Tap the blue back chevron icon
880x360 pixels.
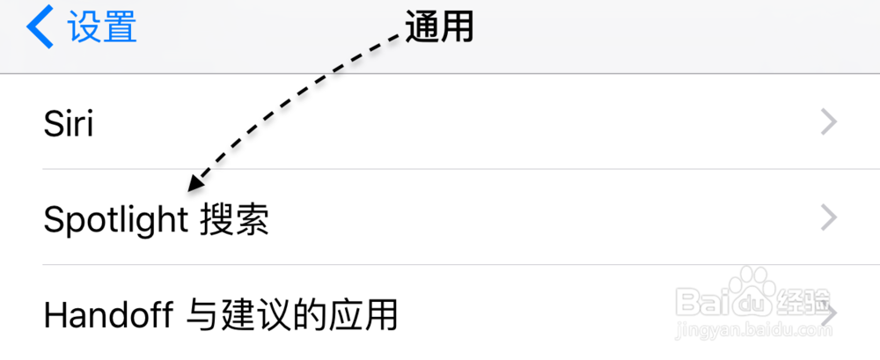coord(40,28)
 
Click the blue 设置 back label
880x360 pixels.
coord(103,28)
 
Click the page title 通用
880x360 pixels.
coord(440,28)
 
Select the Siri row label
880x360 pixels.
coord(68,123)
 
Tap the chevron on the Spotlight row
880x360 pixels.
coord(828,217)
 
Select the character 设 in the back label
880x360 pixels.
coord(85,28)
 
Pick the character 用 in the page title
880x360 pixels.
coord(458,28)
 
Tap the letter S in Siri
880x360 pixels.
coord(52,123)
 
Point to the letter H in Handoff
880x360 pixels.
coord(55,313)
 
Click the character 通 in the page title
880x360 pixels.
coord(422,28)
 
